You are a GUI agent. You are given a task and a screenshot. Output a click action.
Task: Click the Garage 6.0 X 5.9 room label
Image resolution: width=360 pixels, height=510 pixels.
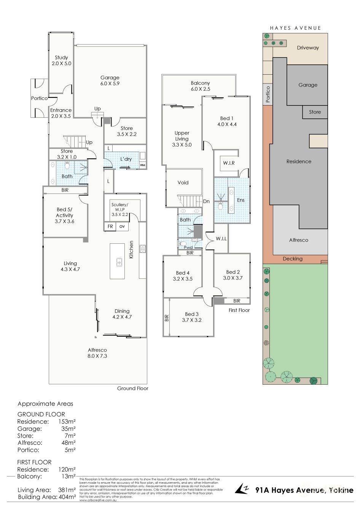110,80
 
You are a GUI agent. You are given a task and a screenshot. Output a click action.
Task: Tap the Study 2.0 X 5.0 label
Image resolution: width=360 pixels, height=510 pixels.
61,61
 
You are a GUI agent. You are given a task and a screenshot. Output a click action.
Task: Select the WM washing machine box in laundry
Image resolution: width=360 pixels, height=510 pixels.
142,165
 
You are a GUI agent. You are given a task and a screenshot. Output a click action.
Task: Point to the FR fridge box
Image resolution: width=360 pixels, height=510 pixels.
110,226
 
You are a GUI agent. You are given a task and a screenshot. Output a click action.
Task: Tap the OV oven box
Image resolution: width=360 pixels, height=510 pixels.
122,226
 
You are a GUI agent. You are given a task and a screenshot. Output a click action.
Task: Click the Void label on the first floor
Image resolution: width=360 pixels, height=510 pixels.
183,182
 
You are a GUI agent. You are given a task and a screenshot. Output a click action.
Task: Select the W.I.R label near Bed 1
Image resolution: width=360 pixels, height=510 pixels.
229,163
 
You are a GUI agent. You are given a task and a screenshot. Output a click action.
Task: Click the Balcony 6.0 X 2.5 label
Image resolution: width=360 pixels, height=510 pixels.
200,86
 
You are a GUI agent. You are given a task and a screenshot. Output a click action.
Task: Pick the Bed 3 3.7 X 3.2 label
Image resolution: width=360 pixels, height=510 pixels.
192,317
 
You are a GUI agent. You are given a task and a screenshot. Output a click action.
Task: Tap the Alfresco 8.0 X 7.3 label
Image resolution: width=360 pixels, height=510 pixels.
97,353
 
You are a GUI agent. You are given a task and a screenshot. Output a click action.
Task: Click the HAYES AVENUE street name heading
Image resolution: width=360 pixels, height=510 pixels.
295,28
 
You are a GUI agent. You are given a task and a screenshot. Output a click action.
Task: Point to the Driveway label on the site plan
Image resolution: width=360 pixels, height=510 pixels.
308,48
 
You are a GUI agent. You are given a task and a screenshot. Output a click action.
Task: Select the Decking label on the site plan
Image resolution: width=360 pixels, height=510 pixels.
293,259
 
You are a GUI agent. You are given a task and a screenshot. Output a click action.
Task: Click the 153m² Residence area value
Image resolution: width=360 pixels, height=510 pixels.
67,422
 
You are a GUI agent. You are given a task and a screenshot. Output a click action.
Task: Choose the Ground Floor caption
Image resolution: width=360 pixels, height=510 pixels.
132,388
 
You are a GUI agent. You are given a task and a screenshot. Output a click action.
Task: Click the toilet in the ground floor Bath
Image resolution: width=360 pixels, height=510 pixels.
67,166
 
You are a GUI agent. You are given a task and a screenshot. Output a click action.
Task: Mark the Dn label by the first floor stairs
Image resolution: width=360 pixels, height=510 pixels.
206,201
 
